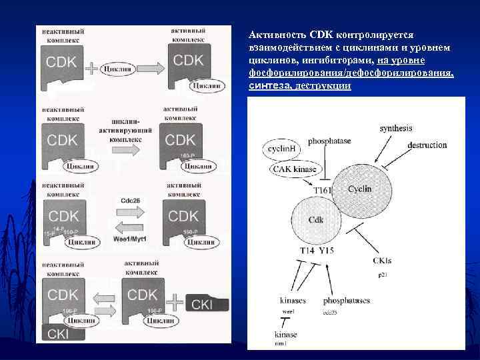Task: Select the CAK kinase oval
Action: coord(294,169)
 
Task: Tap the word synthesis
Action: coord(396,128)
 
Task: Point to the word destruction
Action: coord(427,145)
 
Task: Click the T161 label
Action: coord(323,191)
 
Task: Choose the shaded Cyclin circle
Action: coord(360,189)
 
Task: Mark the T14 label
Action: coord(309,250)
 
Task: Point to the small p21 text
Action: coord(383,273)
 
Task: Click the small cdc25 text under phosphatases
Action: coord(331,311)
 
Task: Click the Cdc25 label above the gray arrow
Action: coord(131,199)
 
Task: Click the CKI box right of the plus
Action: coord(207,304)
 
